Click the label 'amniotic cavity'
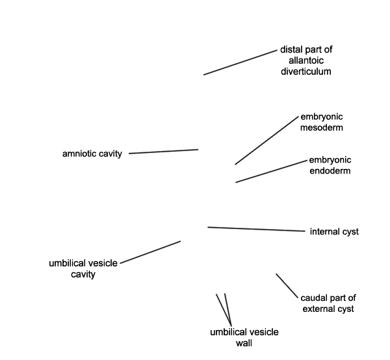92,154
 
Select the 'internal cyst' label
334,231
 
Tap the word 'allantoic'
306,60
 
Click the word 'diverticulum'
306,71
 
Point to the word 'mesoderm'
322,127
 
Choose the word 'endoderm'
330,171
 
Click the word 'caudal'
313,298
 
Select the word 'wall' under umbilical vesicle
244,343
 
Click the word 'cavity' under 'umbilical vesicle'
83,274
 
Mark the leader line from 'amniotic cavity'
163,151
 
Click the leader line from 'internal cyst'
257,229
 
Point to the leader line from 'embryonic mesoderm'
266,140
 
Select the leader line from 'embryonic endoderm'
271,172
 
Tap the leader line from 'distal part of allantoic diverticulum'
240,62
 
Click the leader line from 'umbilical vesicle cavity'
151,252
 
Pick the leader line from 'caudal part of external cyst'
287,286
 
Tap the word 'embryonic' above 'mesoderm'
322,116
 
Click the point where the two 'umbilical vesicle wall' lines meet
231,326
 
